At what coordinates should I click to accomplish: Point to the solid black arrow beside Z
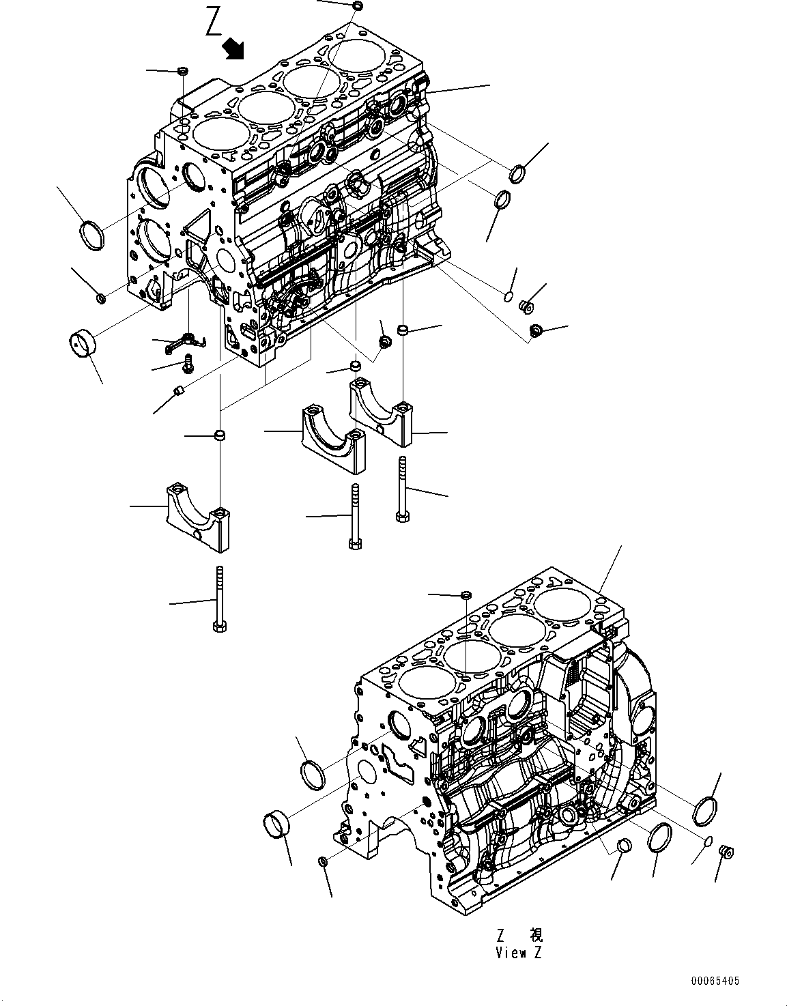234,48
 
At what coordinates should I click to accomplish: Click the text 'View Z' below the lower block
519,953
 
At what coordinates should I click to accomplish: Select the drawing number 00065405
714,981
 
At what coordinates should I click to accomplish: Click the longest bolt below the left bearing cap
219,599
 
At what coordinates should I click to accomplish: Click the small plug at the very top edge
358,6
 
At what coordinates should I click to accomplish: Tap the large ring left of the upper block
93,235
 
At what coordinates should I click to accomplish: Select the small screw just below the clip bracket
188,365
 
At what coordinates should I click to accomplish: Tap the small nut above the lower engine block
465,596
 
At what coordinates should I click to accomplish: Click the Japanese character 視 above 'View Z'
536,935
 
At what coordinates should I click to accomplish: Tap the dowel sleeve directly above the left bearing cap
220,435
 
